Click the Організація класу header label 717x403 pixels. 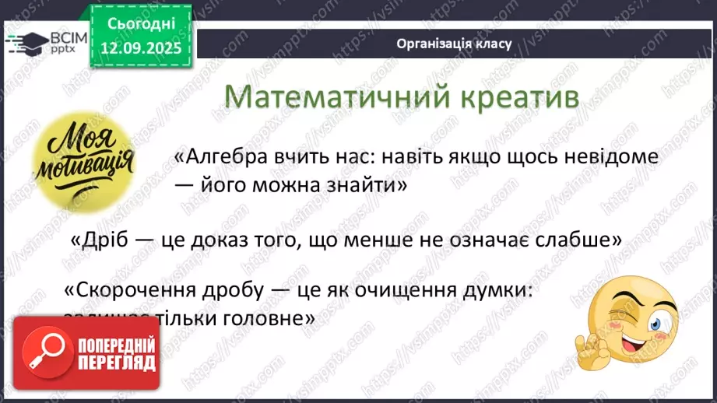[x=453, y=44]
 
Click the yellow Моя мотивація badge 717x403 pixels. [x=84, y=163]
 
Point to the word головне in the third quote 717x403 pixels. [x=268, y=318]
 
